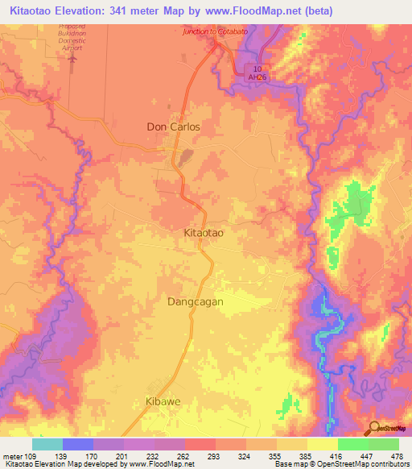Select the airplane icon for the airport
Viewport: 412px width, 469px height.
[76, 57]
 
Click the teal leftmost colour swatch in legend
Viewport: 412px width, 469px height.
[47, 444]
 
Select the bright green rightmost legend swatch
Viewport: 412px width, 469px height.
[383, 444]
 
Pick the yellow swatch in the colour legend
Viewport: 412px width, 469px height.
[322, 444]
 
